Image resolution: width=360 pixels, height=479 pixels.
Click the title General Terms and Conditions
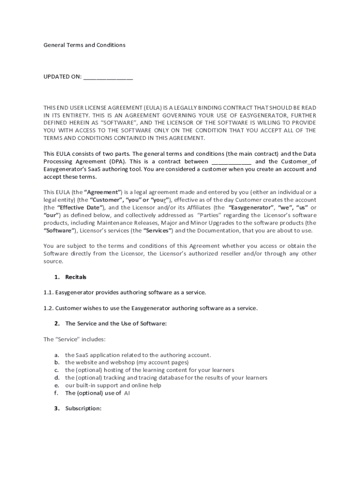tap(85, 45)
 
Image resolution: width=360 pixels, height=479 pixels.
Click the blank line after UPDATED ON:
tap(108, 77)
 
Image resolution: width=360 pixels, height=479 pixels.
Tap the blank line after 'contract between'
tap(231, 161)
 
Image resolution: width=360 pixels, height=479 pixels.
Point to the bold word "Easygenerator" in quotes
tap(251, 207)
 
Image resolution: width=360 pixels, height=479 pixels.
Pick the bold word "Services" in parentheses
tap(158, 231)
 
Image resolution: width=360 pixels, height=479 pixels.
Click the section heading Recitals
tap(76, 277)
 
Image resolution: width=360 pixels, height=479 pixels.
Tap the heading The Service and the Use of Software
tap(116, 323)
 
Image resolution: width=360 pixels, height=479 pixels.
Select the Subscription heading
tap(83, 408)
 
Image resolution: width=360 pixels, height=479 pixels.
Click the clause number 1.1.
tap(48, 292)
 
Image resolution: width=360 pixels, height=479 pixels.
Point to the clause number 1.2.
tap(48, 308)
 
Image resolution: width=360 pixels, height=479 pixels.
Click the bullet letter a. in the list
tap(57, 355)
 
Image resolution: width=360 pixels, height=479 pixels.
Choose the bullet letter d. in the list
tap(57, 377)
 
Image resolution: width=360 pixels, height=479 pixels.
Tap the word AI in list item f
tap(127, 393)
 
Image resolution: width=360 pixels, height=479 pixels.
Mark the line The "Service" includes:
tap(74, 339)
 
